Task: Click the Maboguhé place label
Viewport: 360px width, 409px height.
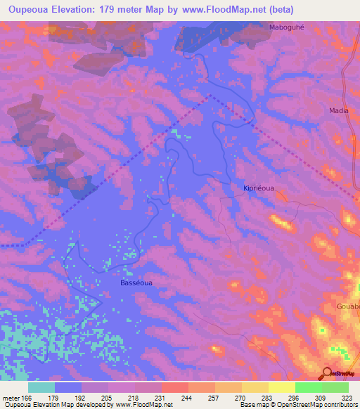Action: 285,27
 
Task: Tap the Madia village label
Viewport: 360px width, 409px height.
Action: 339,110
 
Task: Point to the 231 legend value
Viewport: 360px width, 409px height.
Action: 161,398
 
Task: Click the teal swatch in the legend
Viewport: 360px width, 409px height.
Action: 41,387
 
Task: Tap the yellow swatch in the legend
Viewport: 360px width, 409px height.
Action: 282,387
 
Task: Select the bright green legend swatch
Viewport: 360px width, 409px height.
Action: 309,387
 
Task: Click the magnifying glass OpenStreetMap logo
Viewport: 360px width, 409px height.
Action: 328,373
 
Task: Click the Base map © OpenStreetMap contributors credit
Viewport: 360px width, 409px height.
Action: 298,405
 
